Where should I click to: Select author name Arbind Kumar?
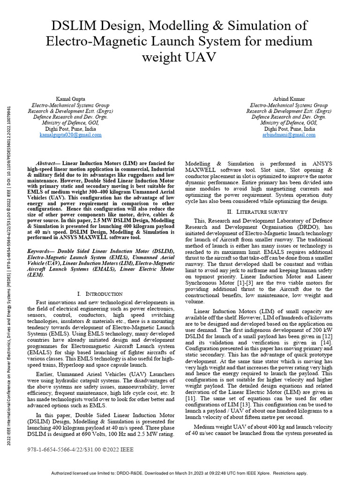coord(289,99)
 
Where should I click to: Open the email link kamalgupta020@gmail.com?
coord(70,135)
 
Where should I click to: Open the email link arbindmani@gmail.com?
coord(289,135)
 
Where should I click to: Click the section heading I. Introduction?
coord(100,294)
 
